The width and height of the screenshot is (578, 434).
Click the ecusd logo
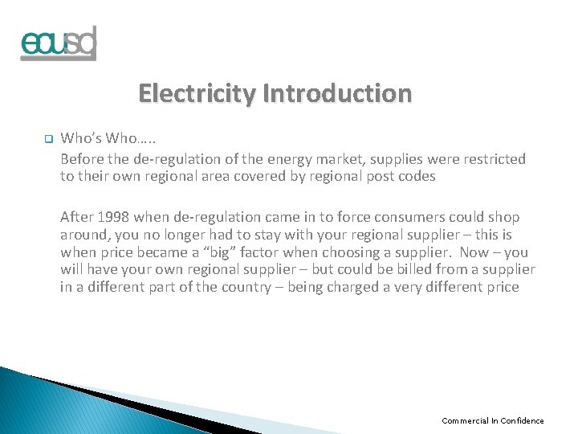point(58,43)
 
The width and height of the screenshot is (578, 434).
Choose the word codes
point(418,177)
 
